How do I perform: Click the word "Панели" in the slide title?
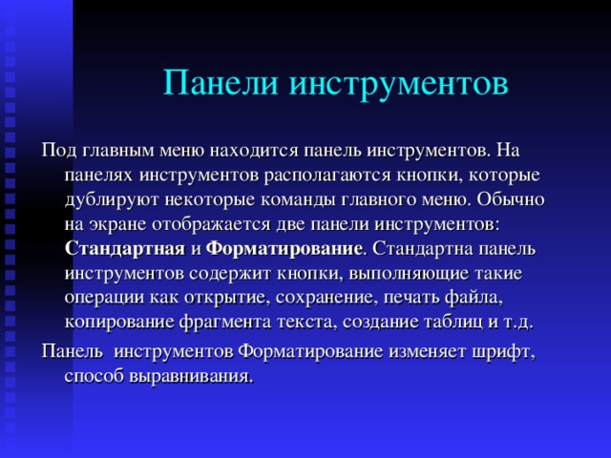pyautogui.click(x=218, y=83)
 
